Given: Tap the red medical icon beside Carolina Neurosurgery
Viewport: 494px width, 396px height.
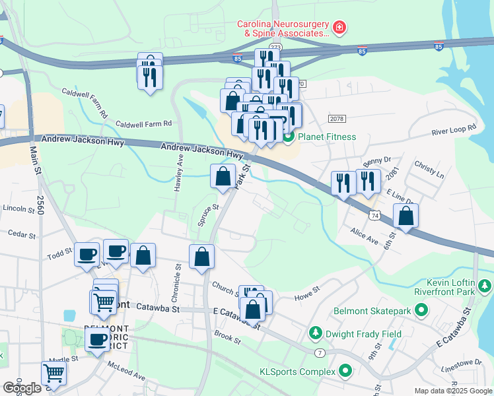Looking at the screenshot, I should tap(339, 28).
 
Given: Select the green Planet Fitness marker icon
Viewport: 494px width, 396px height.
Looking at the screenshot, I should tap(288, 137).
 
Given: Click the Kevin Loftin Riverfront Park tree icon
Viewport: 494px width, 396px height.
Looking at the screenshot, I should tap(485, 286).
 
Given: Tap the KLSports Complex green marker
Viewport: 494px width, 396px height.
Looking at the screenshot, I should tap(345, 372).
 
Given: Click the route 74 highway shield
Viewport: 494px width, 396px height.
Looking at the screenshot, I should tap(375, 216).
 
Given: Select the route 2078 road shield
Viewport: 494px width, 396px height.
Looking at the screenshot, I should tap(337, 118).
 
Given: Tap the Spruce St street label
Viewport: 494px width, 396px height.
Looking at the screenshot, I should tap(208, 215).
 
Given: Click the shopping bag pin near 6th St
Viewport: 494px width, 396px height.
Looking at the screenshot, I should tap(406, 216).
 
